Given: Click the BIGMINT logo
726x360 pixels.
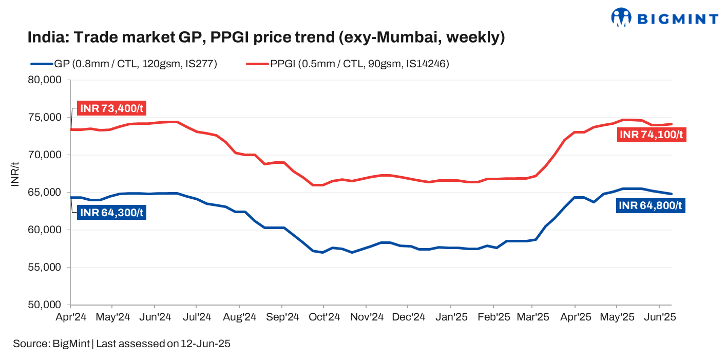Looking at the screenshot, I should (664, 17).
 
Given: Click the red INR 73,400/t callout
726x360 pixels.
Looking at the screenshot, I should (111, 109).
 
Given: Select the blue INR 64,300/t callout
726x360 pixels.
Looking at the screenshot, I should (111, 212).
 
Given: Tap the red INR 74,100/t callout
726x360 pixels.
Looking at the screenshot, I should (652, 135).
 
